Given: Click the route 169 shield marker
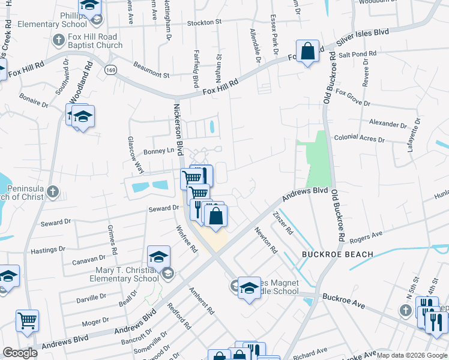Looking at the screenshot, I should [111, 69].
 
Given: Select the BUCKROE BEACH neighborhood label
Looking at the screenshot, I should [337, 254].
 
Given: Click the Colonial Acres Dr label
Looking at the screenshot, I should [359, 138].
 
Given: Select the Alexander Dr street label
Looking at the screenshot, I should [387, 124].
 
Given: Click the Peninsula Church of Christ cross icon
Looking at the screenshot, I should [53, 192].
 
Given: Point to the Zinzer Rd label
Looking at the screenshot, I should [282, 223].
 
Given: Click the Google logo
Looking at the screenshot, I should [20, 353].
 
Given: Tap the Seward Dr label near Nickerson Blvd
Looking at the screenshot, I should [164, 208].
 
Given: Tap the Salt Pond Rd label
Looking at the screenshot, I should [357, 54].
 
